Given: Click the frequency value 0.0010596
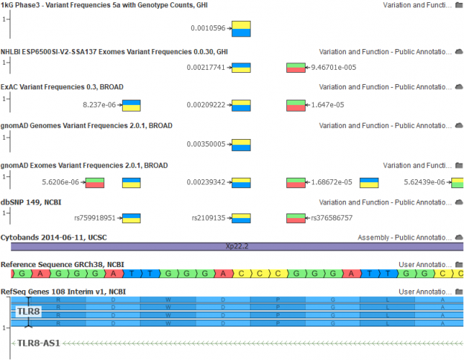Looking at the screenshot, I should tap(209, 29).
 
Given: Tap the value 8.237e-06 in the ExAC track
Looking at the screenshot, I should tap(100, 105).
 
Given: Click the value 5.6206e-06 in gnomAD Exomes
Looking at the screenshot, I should tap(62, 181).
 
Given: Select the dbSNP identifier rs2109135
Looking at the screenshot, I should tap(208, 218).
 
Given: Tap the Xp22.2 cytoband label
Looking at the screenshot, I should tap(236, 245).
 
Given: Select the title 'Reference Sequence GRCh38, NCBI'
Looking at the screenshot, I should tap(62, 264).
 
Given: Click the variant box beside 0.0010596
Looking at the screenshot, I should tap(241, 29).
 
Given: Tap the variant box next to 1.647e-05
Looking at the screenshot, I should tap(296, 105).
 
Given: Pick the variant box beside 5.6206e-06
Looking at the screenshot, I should tap(94, 181).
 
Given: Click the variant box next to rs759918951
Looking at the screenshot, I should tap(132, 218).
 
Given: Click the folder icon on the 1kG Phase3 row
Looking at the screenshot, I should tap(459, 4).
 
